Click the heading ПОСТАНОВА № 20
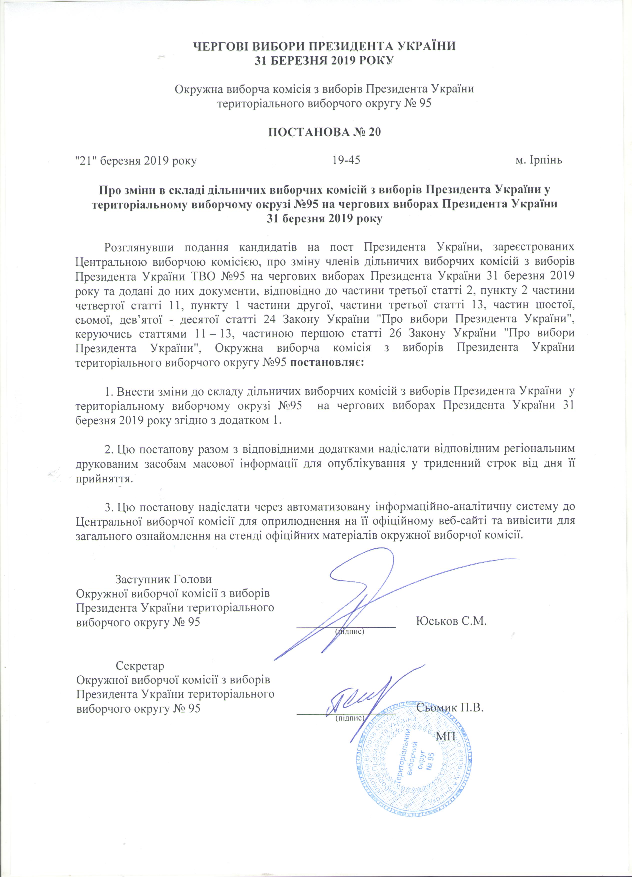point(324,132)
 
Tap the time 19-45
point(346,160)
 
